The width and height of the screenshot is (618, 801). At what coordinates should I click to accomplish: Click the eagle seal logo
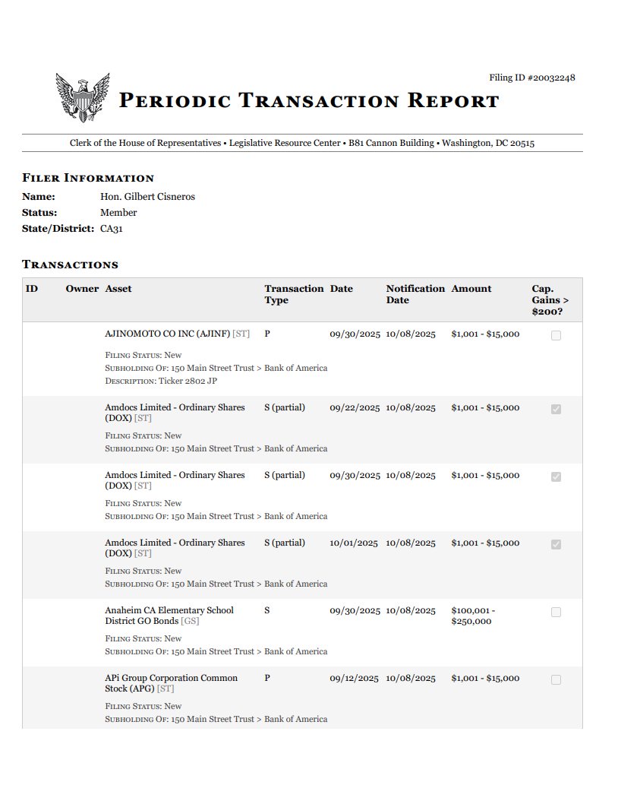click(83, 97)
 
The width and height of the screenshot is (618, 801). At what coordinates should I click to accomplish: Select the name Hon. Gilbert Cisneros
click(147, 197)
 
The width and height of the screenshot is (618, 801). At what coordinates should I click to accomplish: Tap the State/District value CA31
click(111, 229)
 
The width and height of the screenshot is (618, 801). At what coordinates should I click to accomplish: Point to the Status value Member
click(118, 213)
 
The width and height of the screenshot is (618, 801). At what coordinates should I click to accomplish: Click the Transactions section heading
click(70, 265)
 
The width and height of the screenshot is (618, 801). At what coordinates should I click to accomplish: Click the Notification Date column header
click(415, 294)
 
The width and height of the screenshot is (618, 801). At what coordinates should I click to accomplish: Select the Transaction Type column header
click(294, 294)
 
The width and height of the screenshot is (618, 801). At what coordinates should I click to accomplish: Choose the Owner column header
click(82, 289)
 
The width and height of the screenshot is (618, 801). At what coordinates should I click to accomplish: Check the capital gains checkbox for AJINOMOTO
click(556, 335)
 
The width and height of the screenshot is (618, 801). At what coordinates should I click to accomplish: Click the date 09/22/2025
click(355, 407)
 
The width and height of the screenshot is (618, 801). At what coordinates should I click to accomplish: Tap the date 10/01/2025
click(354, 543)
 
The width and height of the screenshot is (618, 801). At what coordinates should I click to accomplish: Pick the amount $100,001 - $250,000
click(472, 616)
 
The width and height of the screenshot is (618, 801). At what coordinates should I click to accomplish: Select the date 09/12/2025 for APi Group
click(354, 678)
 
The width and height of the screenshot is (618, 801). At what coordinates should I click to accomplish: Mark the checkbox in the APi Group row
click(556, 679)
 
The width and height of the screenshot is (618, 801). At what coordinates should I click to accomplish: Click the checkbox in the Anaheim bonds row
click(556, 612)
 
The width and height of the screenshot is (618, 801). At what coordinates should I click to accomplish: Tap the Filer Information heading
click(88, 179)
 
